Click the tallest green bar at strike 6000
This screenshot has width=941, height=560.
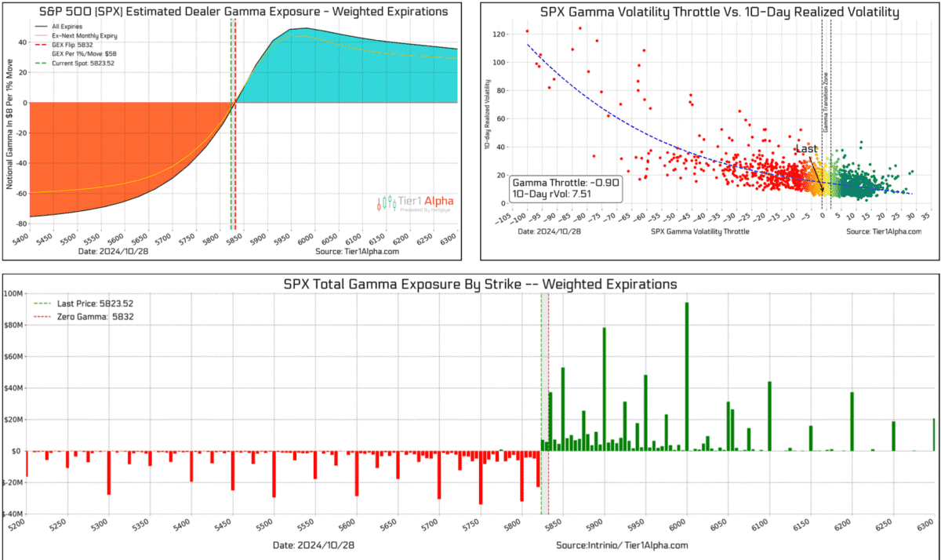686,376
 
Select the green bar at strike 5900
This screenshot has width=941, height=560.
604,389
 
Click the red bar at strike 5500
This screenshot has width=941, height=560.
274,474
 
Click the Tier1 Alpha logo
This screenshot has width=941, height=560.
416,203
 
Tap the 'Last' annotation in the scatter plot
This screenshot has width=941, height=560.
805,149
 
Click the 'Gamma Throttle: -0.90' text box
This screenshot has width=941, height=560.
565,187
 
